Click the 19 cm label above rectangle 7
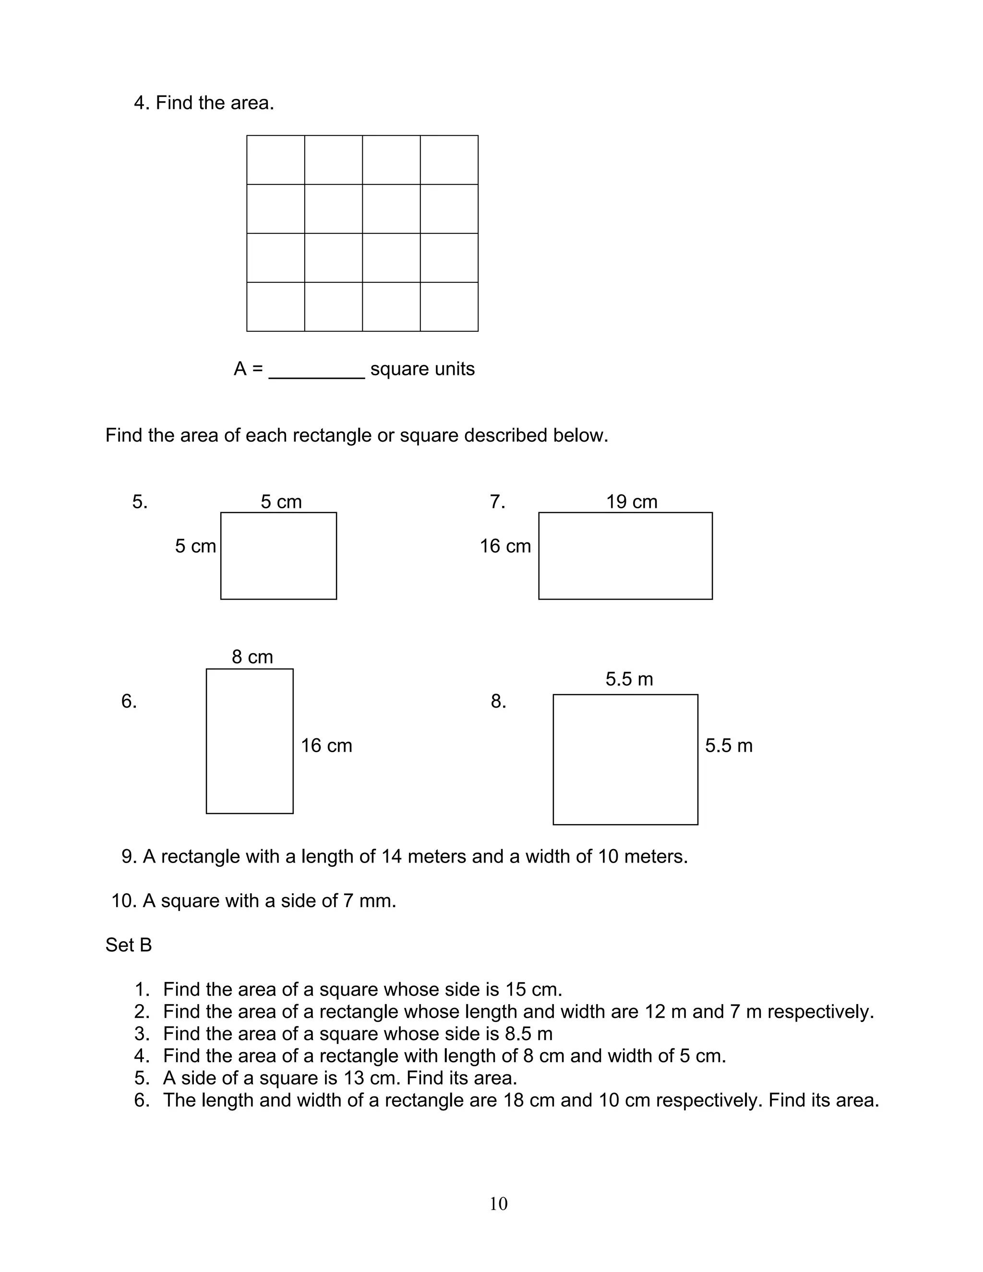631,502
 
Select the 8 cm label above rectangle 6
252,657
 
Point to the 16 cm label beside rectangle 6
326,745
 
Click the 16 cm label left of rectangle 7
505,546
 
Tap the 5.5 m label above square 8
629,679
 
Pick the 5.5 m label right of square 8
729,745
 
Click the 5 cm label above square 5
281,502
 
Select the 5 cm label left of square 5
195,546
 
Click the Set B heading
128,945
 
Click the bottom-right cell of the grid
449,307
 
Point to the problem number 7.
497,502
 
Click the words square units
422,369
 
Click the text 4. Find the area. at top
204,103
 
